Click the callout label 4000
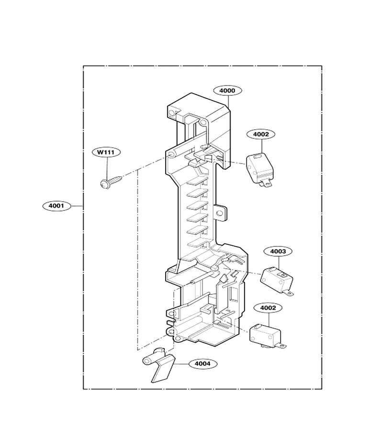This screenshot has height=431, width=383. [228, 91]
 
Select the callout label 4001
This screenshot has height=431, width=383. [56, 205]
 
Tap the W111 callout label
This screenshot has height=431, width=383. [106, 152]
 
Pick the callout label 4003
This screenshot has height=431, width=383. [278, 251]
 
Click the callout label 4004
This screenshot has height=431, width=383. [203, 363]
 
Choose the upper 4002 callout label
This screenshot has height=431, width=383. [261, 134]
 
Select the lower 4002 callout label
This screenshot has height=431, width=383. [268, 308]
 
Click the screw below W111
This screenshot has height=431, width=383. [111, 181]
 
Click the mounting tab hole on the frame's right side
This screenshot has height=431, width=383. [220, 213]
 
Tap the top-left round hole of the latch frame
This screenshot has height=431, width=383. [172, 113]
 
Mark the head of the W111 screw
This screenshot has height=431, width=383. [104, 184]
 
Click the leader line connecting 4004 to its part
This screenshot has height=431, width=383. [181, 363]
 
